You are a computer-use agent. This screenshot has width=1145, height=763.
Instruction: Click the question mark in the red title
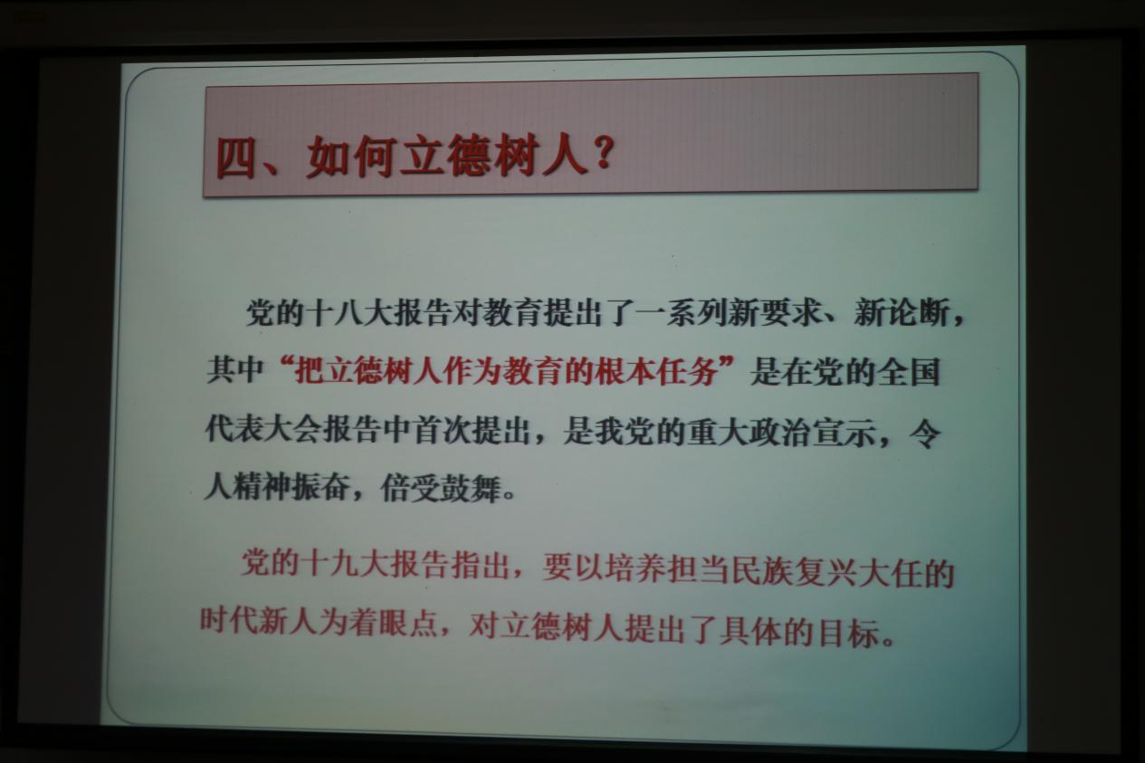tap(603, 151)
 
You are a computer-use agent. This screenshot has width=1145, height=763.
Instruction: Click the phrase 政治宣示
tap(810, 433)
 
